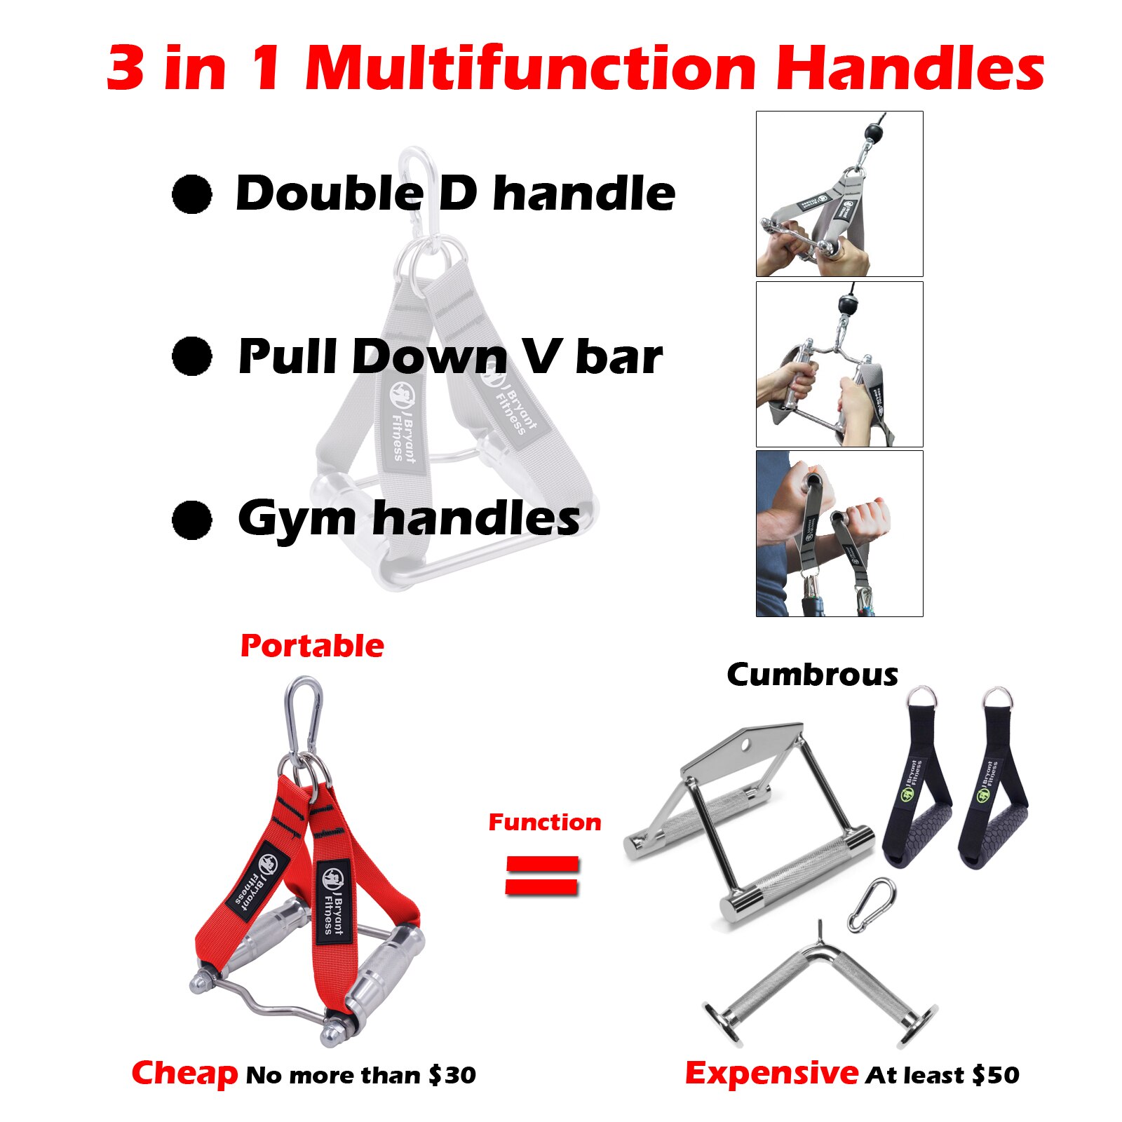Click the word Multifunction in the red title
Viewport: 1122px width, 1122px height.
point(531,68)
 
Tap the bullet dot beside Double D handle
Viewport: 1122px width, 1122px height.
point(191,194)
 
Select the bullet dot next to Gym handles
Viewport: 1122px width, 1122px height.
point(191,520)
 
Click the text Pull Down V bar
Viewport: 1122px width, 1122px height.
point(450,357)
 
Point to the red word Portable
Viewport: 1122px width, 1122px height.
point(312,646)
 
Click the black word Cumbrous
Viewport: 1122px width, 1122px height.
point(812,675)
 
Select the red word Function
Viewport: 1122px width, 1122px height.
point(545,822)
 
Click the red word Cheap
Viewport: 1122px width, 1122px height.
point(185,1073)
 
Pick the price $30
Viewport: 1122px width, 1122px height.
point(452,1074)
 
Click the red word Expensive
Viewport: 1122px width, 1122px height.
point(771,1073)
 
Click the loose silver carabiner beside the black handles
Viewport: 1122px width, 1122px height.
point(872,905)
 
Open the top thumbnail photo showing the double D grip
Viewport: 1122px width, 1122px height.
point(839,194)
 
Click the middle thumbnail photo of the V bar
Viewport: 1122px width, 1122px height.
point(839,364)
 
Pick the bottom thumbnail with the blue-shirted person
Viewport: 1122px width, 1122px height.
point(839,534)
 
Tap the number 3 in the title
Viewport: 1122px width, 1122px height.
point(126,68)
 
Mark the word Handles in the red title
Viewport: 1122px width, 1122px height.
point(910,68)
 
